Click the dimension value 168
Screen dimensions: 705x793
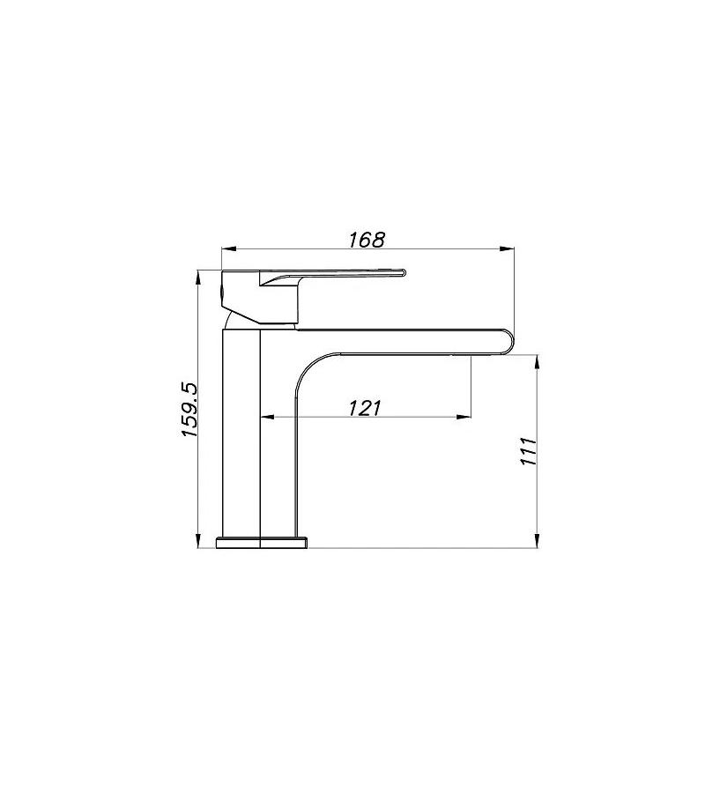367,239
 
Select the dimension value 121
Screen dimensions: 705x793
364,407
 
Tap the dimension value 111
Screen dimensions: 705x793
528,451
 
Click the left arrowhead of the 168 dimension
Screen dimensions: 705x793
229,248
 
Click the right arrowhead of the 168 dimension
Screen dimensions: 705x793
508,248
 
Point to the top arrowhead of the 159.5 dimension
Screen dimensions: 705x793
198,278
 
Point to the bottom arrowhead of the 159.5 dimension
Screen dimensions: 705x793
198,541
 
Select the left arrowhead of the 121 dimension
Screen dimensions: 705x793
266,418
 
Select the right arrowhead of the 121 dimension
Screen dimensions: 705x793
464,418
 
